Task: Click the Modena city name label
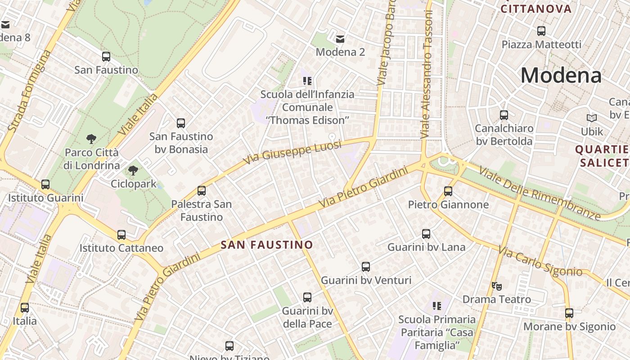pos(561,75)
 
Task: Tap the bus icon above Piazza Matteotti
pos(541,31)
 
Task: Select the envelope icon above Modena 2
pos(340,39)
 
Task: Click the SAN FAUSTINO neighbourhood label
pos(267,245)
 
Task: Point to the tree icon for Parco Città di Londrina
pos(91,139)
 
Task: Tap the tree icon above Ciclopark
pos(133,171)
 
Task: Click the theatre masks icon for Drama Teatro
pos(497,286)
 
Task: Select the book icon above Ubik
pos(592,118)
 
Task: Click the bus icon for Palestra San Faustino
pos(202,191)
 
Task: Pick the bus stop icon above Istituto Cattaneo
pos(121,235)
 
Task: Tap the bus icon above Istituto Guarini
pos(45,184)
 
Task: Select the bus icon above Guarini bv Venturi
pos(366,267)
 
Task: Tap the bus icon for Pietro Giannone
pos(448,191)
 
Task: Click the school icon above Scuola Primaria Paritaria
pos(436,306)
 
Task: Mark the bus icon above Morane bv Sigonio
pos(569,313)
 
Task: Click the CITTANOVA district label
pos(536,9)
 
